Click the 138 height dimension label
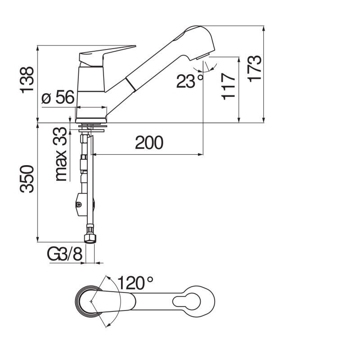tap(27, 80)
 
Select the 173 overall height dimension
tap(254, 68)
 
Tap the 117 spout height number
tap(229, 86)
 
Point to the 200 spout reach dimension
tap(149, 143)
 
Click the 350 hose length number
tap(27, 179)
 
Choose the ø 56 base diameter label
tap(58, 97)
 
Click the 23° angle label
tap(189, 81)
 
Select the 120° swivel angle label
tap(135, 283)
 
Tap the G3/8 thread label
tap(64, 254)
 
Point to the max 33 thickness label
tap(61, 154)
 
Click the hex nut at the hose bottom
tap(90, 238)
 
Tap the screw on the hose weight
tap(79, 204)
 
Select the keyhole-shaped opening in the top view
tap(186, 301)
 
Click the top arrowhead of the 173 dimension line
tap(263, 29)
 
